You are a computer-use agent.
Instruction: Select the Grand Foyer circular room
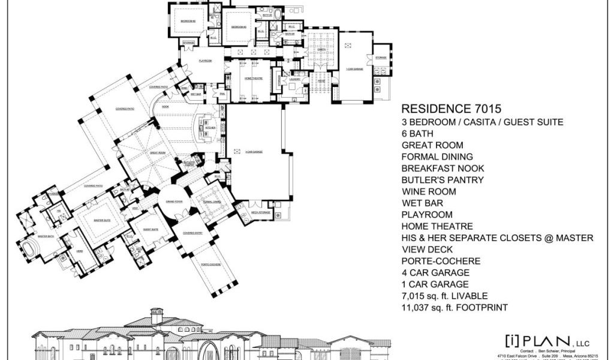point(175,202)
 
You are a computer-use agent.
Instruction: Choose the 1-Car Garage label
point(356,70)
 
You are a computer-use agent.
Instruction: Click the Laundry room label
point(294,79)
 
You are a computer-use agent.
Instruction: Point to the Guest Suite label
point(151,229)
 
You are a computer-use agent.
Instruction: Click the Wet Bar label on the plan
point(195,94)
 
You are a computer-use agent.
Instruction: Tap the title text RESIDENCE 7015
point(451,109)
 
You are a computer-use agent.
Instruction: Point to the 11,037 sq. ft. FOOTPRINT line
point(455,308)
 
